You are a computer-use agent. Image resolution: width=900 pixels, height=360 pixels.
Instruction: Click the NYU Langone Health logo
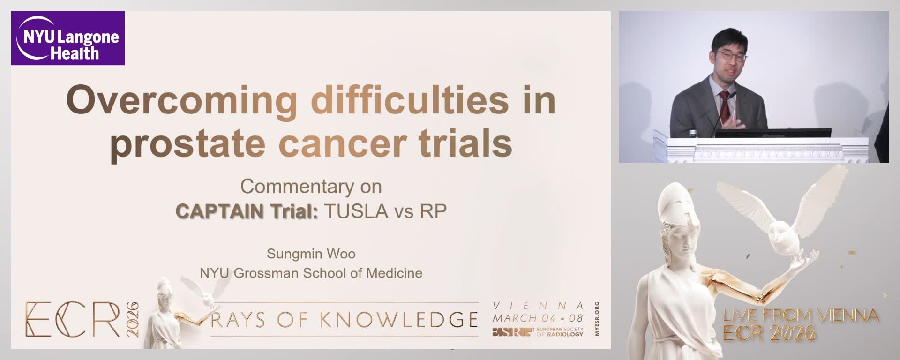click(68, 38)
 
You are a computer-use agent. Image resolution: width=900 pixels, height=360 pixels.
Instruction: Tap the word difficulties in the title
click(410, 99)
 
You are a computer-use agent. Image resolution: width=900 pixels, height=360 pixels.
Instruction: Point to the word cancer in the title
click(342, 144)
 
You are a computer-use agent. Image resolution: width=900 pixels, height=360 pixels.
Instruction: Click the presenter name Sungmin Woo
click(311, 254)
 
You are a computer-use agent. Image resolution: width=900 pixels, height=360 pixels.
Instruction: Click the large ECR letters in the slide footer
click(73, 320)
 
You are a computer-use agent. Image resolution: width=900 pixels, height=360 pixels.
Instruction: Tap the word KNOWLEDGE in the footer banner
click(399, 320)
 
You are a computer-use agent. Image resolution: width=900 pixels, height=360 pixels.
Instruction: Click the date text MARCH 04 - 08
click(538, 318)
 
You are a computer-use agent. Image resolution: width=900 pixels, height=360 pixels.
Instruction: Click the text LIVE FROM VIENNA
click(801, 315)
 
